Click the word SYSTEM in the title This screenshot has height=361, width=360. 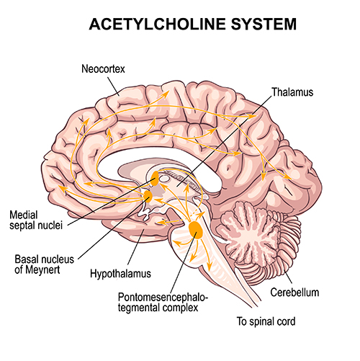[x=264, y=24]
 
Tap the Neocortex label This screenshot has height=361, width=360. [x=103, y=69]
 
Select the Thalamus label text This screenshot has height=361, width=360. [x=292, y=92]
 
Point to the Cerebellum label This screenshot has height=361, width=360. [x=294, y=293]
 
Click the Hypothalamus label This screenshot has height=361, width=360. [x=120, y=274]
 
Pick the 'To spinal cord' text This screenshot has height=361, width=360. [x=266, y=321]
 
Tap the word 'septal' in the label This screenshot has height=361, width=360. [x=23, y=226]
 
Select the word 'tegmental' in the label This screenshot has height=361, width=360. [x=138, y=308]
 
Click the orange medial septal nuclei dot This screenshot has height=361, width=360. [x=154, y=178]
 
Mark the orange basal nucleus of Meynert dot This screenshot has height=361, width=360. [x=148, y=196]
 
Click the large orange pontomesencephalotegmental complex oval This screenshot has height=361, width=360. [x=196, y=230]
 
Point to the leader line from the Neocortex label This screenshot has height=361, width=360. [x=113, y=86]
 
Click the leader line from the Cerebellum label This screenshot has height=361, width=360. [x=288, y=277]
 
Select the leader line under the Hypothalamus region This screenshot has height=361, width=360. [x=135, y=247]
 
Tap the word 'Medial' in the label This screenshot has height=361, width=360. [x=24, y=215]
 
